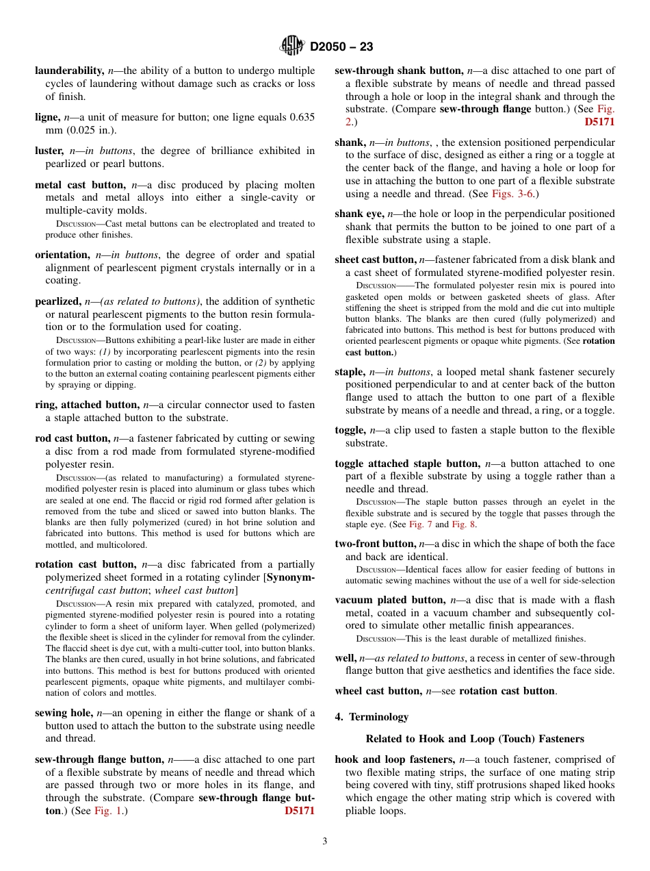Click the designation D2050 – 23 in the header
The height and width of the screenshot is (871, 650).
tap(341, 47)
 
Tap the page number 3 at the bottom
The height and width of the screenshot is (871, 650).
tap(325, 841)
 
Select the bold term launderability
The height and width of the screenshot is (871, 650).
tap(69, 71)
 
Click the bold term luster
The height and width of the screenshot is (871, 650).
tap(50, 151)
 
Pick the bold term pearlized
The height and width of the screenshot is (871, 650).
tap(57, 301)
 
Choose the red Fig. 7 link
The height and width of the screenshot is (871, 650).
tap(420, 525)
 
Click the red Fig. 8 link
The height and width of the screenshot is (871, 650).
tap(463, 525)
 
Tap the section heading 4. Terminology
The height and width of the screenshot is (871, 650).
tap(372, 717)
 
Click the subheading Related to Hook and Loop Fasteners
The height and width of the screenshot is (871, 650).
tap(475, 739)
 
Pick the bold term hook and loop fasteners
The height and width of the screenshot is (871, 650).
tap(395, 759)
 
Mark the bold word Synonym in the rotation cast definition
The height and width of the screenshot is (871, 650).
tap(291, 577)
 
